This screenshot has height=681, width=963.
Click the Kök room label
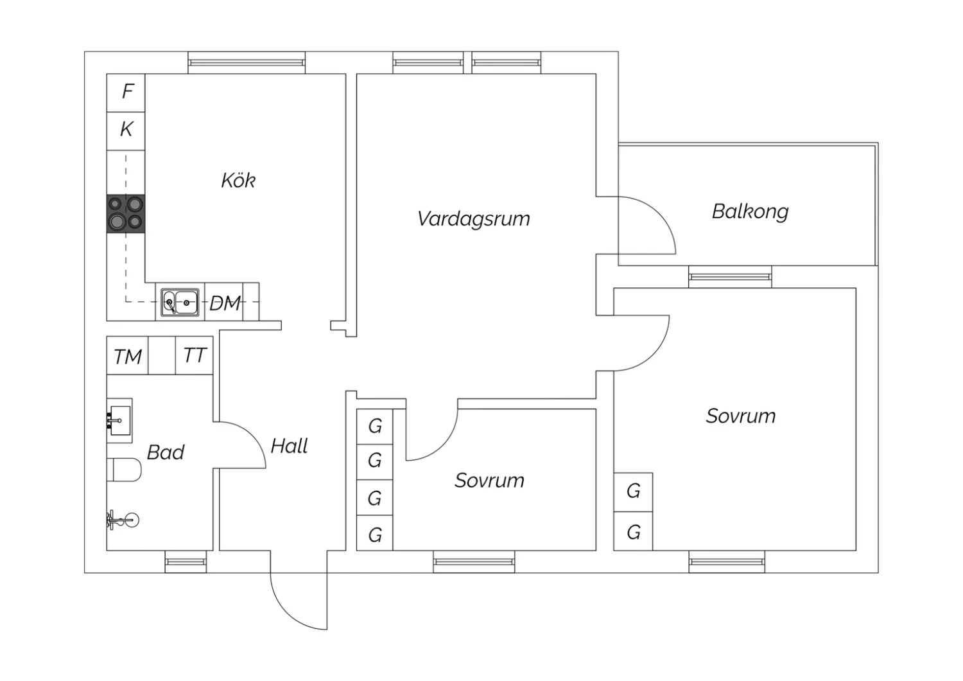point(238,181)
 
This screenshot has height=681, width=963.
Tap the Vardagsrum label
point(474,219)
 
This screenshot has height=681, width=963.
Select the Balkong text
point(750,211)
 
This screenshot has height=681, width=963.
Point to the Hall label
point(289,446)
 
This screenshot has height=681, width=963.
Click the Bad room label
point(166,452)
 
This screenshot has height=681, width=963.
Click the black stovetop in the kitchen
point(126,213)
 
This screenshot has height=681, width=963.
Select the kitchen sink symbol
point(180,302)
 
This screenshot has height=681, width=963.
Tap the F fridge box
point(127,92)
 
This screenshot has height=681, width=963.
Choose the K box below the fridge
point(126,130)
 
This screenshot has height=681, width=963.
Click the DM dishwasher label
point(225,303)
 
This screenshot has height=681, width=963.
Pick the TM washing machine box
point(128,357)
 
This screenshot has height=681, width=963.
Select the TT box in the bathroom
point(195,355)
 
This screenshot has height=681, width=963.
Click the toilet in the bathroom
point(125,470)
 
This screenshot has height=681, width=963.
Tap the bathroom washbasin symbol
point(119,420)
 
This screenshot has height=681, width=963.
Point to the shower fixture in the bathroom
point(123,519)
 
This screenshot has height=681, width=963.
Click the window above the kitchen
point(247,62)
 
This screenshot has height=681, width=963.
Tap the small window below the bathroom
point(186,562)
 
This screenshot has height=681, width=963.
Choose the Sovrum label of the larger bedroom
point(740,416)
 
